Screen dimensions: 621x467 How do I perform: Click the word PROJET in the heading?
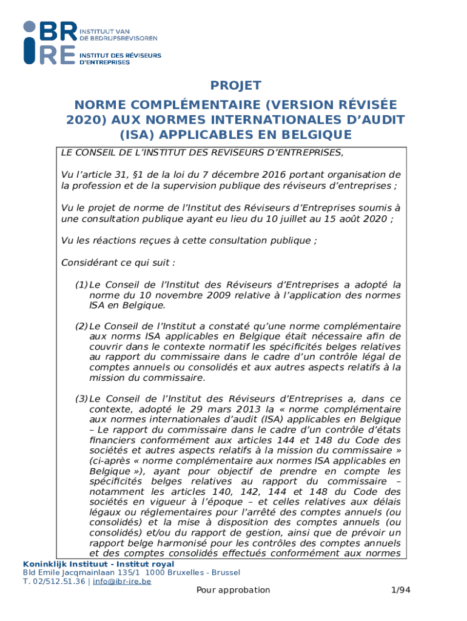[x=235, y=86]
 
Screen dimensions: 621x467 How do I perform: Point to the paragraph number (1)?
[x=81, y=284]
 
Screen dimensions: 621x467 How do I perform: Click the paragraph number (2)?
[x=81, y=326]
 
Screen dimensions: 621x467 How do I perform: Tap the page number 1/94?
[x=399, y=590]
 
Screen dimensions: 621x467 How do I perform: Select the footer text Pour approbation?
[x=233, y=590]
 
